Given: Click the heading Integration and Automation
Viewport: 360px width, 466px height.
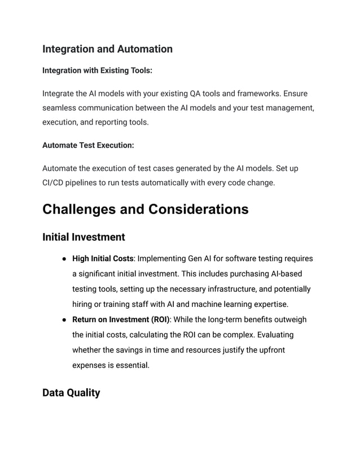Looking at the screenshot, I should coord(107,49).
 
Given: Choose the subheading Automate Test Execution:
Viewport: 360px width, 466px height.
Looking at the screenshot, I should coord(88,145).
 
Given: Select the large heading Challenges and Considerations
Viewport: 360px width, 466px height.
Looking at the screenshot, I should coord(145,209).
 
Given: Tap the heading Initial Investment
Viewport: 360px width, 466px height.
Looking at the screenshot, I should coord(84,237).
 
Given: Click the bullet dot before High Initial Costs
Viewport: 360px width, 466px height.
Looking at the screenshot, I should coord(65,259).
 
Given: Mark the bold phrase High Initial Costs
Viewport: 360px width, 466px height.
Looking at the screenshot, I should coord(103,259).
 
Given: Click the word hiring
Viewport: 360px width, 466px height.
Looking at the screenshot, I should coord(84,305).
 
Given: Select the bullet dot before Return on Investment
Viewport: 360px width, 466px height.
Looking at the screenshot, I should coord(65,320).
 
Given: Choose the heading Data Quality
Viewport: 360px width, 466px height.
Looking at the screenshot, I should coord(71,393).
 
